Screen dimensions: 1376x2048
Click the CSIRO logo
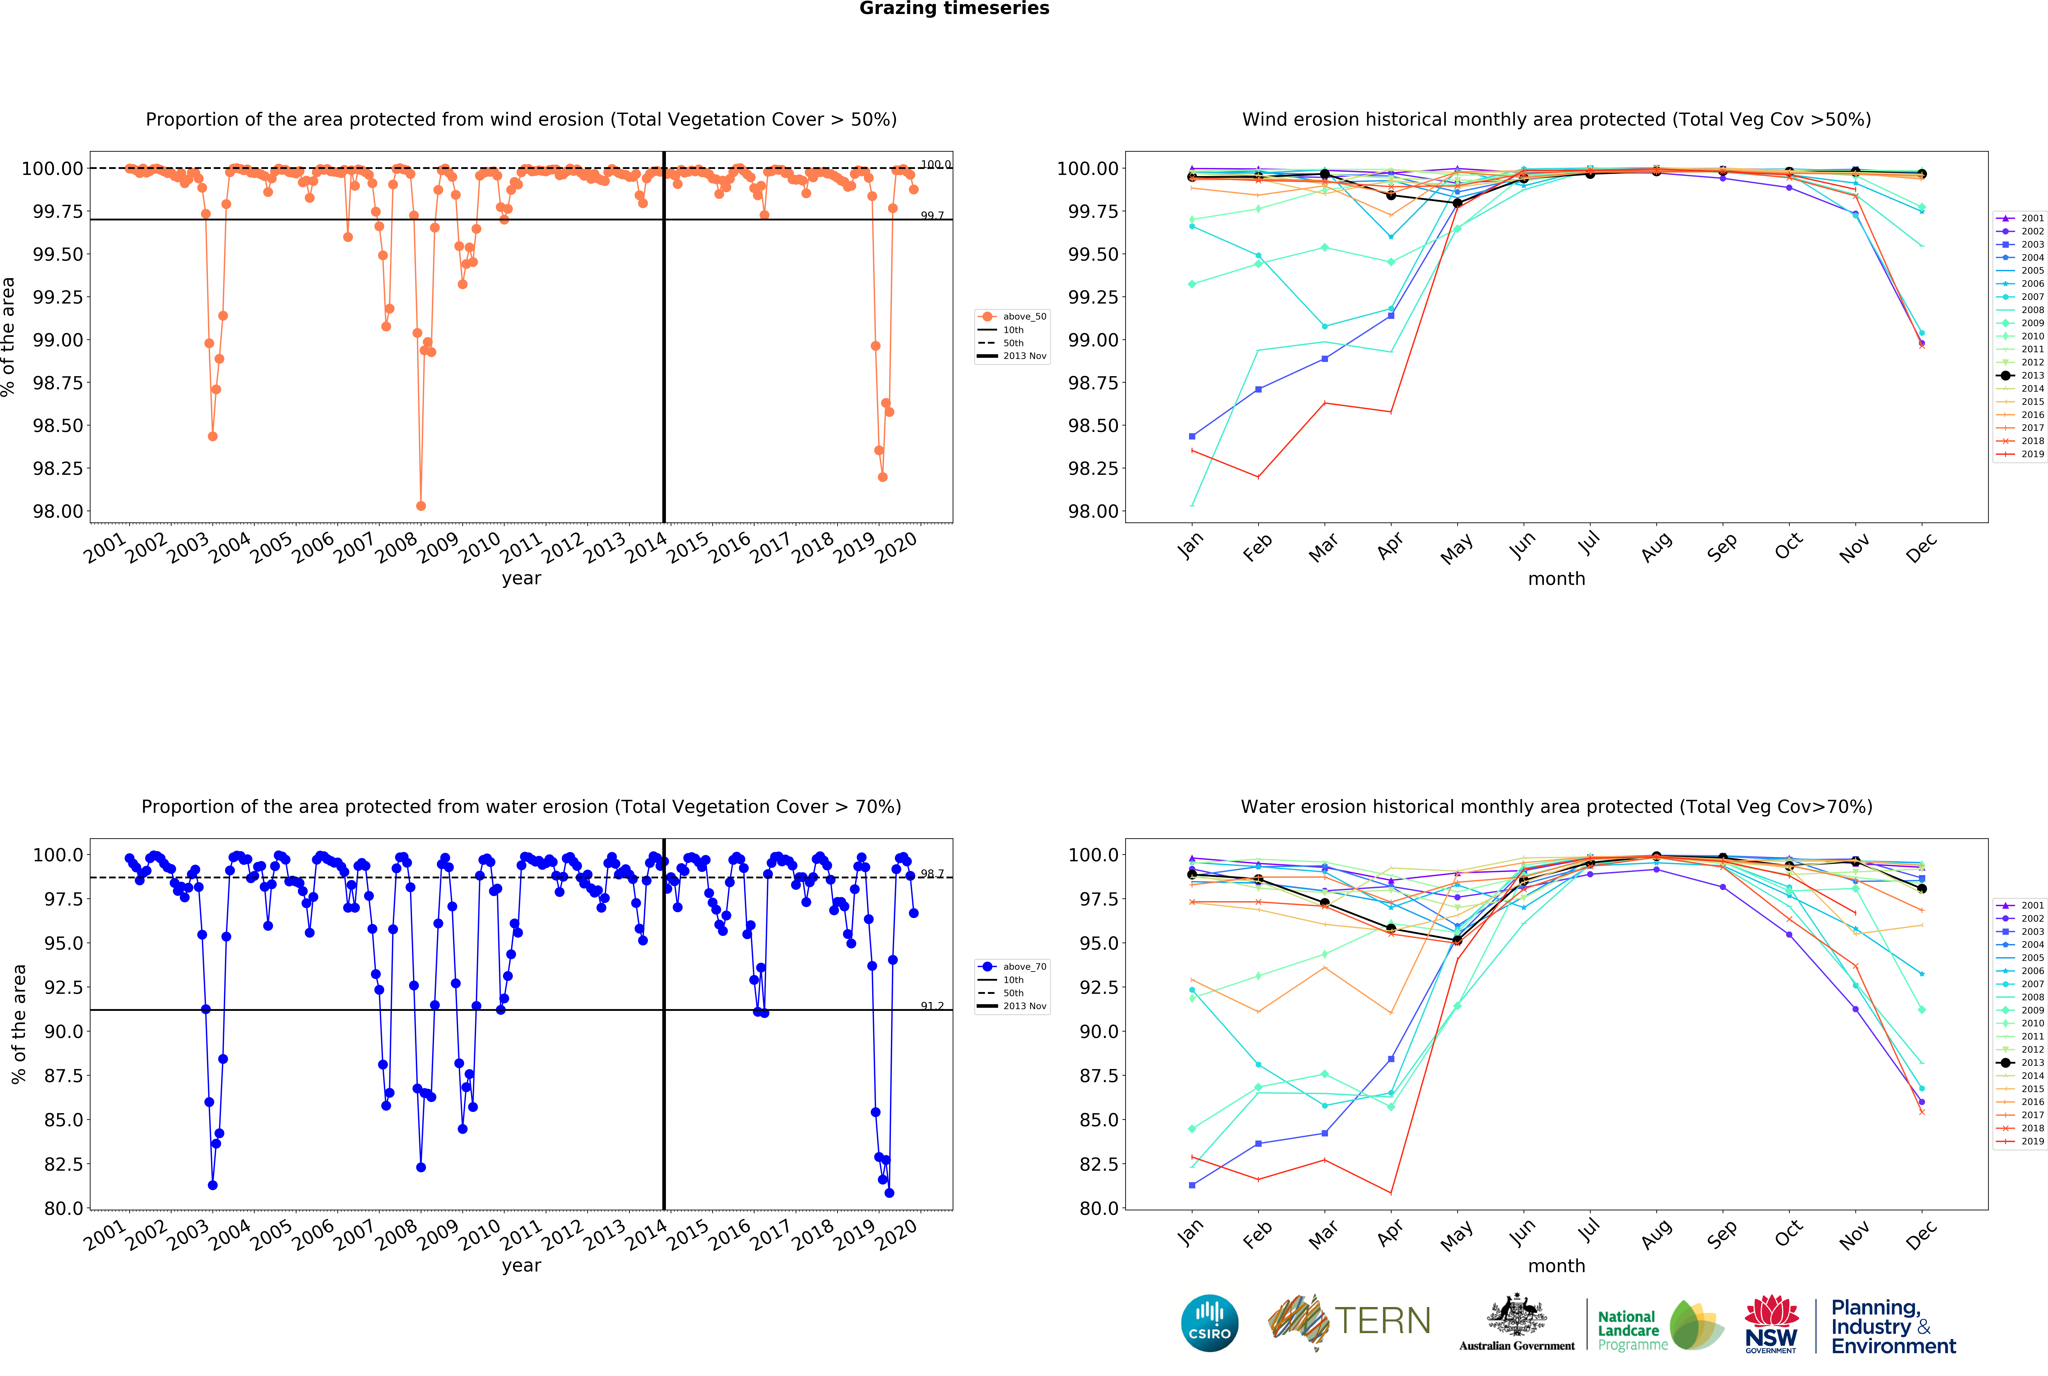pyautogui.click(x=1209, y=1323)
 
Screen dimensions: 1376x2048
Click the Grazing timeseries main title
pyautogui.click(x=954, y=9)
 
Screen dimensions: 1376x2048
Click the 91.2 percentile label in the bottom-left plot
pyautogui.click(x=932, y=1006)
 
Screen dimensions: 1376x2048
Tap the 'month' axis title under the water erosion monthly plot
pyautogui.click(x=1556, y=1265)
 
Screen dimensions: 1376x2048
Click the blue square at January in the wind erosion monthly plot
pyautogui.click(x=1192, y=436)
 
